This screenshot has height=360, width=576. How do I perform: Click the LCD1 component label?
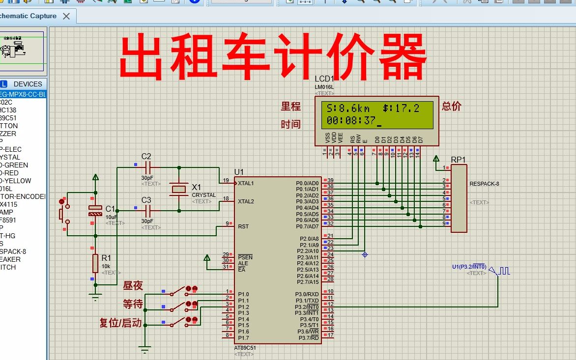324,79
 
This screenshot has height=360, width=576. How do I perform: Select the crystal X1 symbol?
178,189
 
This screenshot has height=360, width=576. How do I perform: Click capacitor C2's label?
146,157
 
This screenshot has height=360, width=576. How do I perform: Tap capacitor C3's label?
146,200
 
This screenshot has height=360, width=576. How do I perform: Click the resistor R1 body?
95,263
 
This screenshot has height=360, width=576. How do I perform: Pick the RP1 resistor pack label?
458,160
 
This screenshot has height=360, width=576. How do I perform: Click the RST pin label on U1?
243,227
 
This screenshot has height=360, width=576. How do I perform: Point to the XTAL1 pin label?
246,184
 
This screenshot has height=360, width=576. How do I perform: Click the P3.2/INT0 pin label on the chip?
307,307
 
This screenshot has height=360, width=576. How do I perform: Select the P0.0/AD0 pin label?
307,183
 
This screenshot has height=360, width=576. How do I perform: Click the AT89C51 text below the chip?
245,348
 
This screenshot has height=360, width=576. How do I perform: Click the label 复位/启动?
120,323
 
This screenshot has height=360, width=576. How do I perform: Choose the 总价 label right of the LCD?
452,107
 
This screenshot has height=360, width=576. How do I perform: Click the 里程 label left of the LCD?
290,107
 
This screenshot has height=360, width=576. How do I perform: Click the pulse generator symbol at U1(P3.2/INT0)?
504,271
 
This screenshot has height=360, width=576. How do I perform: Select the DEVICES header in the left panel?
28,84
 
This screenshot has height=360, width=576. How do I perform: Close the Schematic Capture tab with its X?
66,16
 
